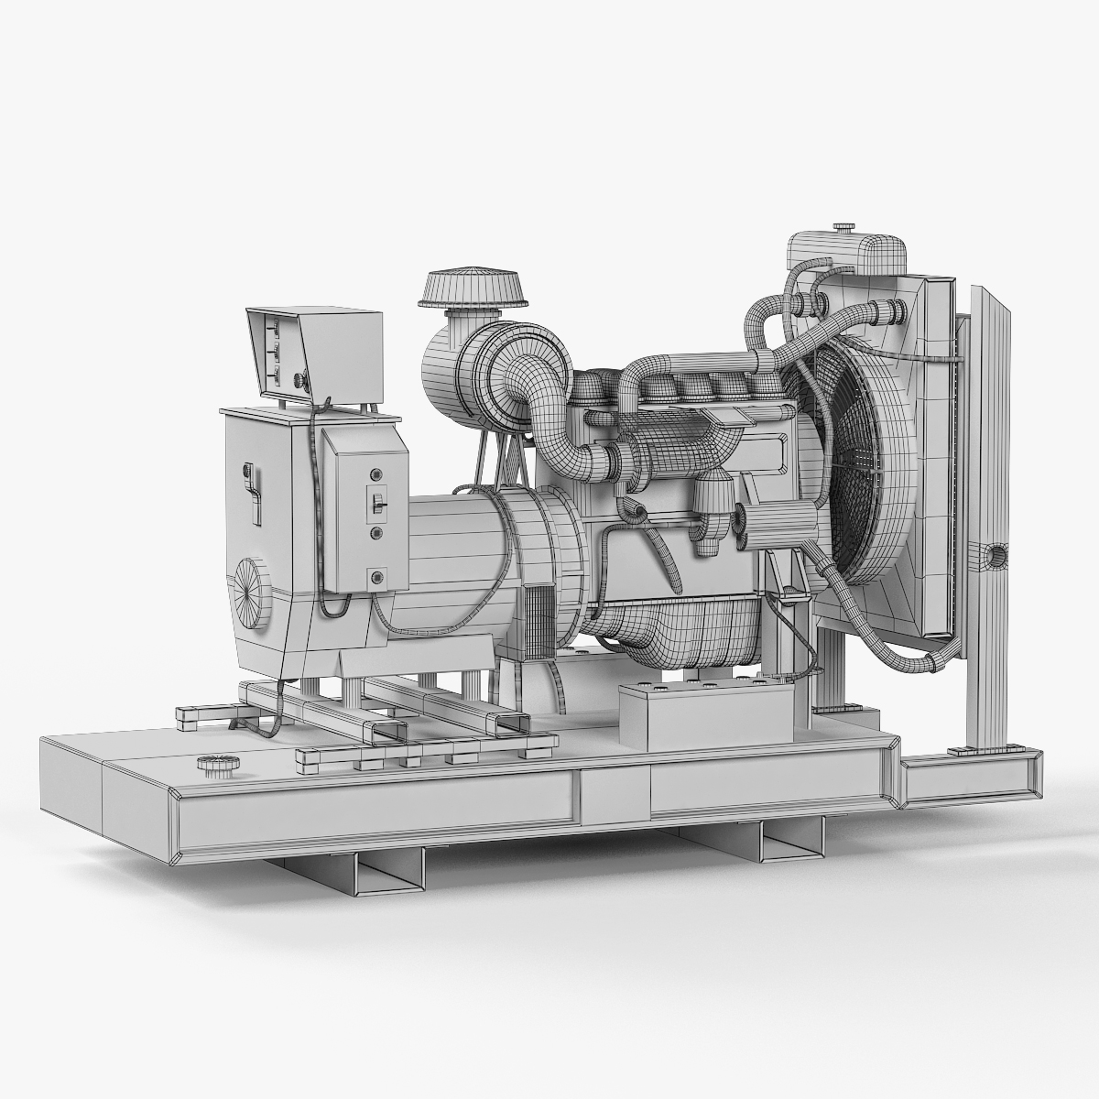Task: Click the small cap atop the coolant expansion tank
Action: pyautogui.click(x=843, y=225)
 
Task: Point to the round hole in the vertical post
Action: pyautogui.click(x=994, y=555)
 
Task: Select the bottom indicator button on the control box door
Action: pyautogui.click(x=375, y=576)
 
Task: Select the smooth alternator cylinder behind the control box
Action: pyautogui.click(x=449, y=540)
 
